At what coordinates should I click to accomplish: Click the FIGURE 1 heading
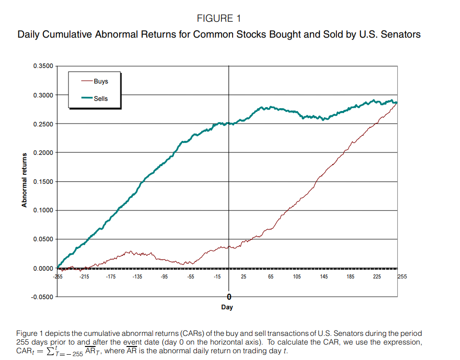coord(219,19)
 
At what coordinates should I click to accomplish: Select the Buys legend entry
coord(101,82)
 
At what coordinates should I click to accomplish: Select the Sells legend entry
coord(101,98)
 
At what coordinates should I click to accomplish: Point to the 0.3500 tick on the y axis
coord(43,66)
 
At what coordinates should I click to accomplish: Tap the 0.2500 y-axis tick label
coord(43,124)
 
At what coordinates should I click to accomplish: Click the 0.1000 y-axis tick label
coord(43,210)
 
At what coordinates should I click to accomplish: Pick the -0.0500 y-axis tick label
coord(42,297)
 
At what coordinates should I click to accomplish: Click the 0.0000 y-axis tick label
coord(43,268)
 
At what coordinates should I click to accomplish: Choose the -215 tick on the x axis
coord(85,277)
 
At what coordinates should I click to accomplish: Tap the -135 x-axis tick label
coord(138,277)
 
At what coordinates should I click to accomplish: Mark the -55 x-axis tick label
coord(191,277)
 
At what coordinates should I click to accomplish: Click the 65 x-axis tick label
coord(270,277)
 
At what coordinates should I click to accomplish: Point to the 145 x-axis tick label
coord(323,277)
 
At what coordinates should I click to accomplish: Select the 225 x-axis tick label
coord(376,277)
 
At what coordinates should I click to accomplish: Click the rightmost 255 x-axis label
coord(402,276)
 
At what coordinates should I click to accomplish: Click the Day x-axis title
coord(227,307)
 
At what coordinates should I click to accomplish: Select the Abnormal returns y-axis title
coord(24,180)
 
